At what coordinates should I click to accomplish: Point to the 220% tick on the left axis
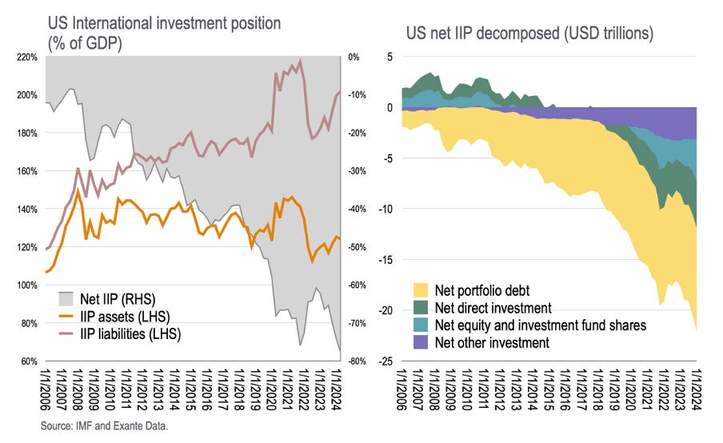click(27, 57)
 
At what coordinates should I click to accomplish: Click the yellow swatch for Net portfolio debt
click(419, 289)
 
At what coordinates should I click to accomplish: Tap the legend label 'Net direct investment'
click(493, 307)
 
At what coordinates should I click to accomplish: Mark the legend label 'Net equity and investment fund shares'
click(541, 325)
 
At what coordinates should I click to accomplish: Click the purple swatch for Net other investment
click(419, 342)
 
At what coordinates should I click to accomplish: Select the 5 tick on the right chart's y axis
click(389, 57)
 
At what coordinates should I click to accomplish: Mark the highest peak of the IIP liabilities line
click(300, 61)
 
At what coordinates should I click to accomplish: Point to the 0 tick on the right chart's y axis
click(389, 107)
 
